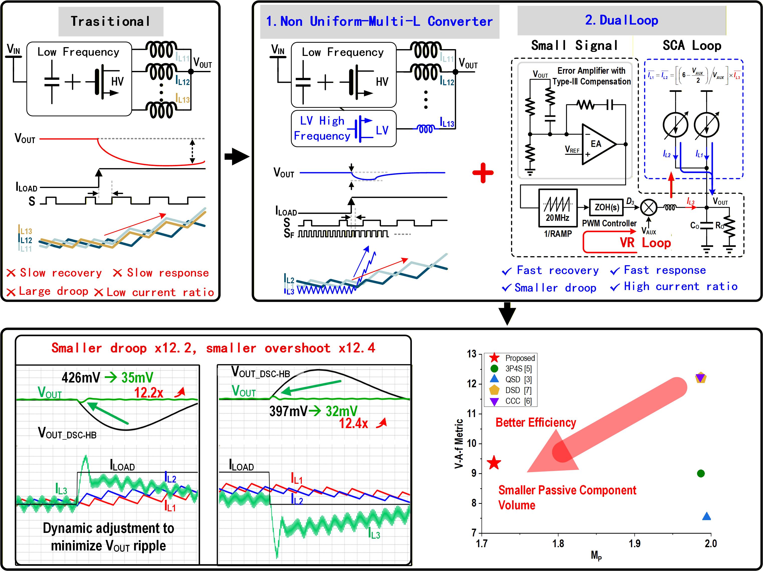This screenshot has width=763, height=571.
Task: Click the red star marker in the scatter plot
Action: (x=494, y=463)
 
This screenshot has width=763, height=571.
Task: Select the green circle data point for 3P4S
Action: (x=700, y=473)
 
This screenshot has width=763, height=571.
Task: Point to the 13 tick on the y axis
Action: (x=471, y=354)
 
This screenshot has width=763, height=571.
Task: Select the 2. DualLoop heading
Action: (x=622, y=20)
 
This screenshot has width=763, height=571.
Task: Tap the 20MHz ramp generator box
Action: (x=558, y=208)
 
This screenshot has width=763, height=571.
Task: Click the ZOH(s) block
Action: (x=607, y=207)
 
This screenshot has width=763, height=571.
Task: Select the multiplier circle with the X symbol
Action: (x=648, y=207)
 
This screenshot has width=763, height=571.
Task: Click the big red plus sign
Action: (x=483, y=172)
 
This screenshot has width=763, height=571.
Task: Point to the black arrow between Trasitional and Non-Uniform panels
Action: (x=237, y=157)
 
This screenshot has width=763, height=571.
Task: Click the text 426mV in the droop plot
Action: (x=81, y=377)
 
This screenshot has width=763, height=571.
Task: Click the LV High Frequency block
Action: (x=344, y=129)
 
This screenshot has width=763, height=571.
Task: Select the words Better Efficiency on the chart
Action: (x=536, y=423)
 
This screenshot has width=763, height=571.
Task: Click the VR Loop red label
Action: (x=645, y=243)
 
